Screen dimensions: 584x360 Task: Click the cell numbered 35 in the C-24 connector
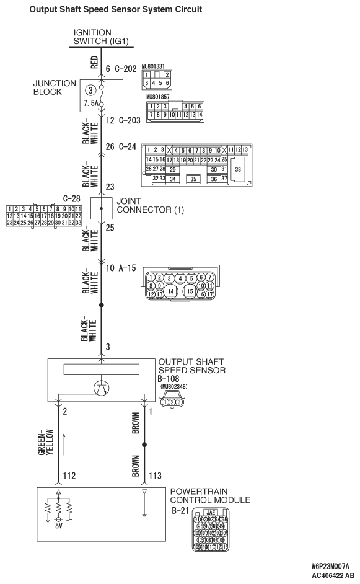point(193,179)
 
